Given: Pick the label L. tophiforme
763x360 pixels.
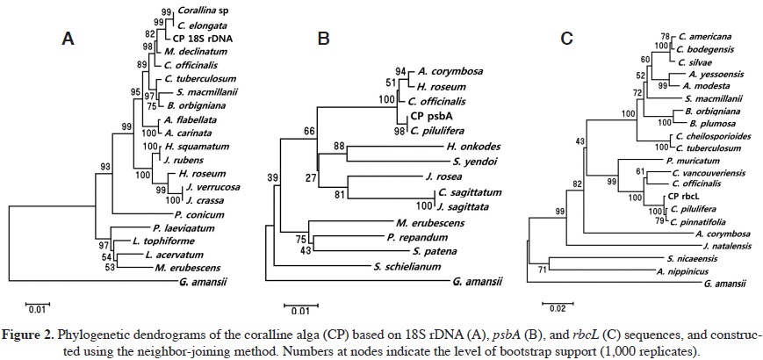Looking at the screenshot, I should (155, 240).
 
